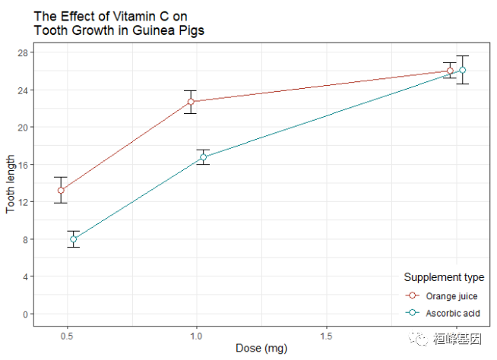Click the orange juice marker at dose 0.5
click(61, 190)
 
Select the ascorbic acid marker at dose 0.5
click(74, 239)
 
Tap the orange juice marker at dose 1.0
click(191, 101)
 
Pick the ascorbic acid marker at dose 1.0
click(204, 157)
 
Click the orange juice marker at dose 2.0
click(450, 71)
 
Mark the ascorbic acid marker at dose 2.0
click(463, 70)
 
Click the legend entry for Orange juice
click(451, 295)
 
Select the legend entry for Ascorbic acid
click(452, 313)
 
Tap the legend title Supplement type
click(444, 277)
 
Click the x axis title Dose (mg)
click(261, 349)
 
